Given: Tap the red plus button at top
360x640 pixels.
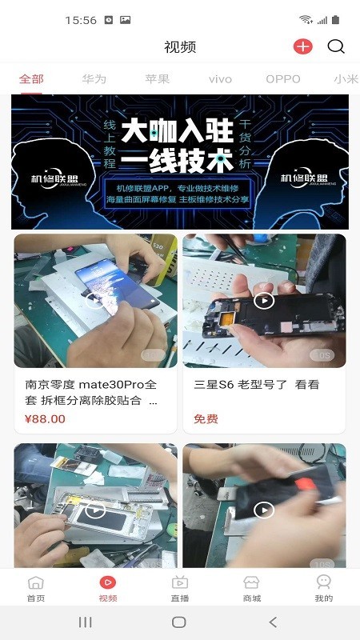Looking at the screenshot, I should [x=302, y=46].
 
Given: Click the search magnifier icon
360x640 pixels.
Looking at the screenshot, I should [x=337, y=46].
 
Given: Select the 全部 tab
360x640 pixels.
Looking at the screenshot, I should [x=32, y=79].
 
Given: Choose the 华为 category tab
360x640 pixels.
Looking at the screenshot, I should [x=94, y=79].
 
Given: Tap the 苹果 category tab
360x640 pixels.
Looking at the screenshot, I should [x=158, y=79].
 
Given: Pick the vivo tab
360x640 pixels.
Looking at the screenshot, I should [x=220, y=79].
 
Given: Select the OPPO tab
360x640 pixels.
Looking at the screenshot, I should [x=283, y=79].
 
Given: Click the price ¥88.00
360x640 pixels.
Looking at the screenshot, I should [x=46, y=418].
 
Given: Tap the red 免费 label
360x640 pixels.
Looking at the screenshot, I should [x=206, y=418].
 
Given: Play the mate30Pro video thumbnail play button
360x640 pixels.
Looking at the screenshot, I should [x=95, y=301].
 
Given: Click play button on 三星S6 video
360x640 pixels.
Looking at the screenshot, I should [x=264, y=301].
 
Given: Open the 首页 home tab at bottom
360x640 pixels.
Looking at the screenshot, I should [x=36, y=588].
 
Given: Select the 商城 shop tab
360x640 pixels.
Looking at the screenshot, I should [x=252, y=588].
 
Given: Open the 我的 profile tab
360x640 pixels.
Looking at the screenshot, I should [x=323, y=588].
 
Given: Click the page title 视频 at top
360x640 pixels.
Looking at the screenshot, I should [x=180, y=46].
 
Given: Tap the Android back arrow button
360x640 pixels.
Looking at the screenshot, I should [x=273, y=622].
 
